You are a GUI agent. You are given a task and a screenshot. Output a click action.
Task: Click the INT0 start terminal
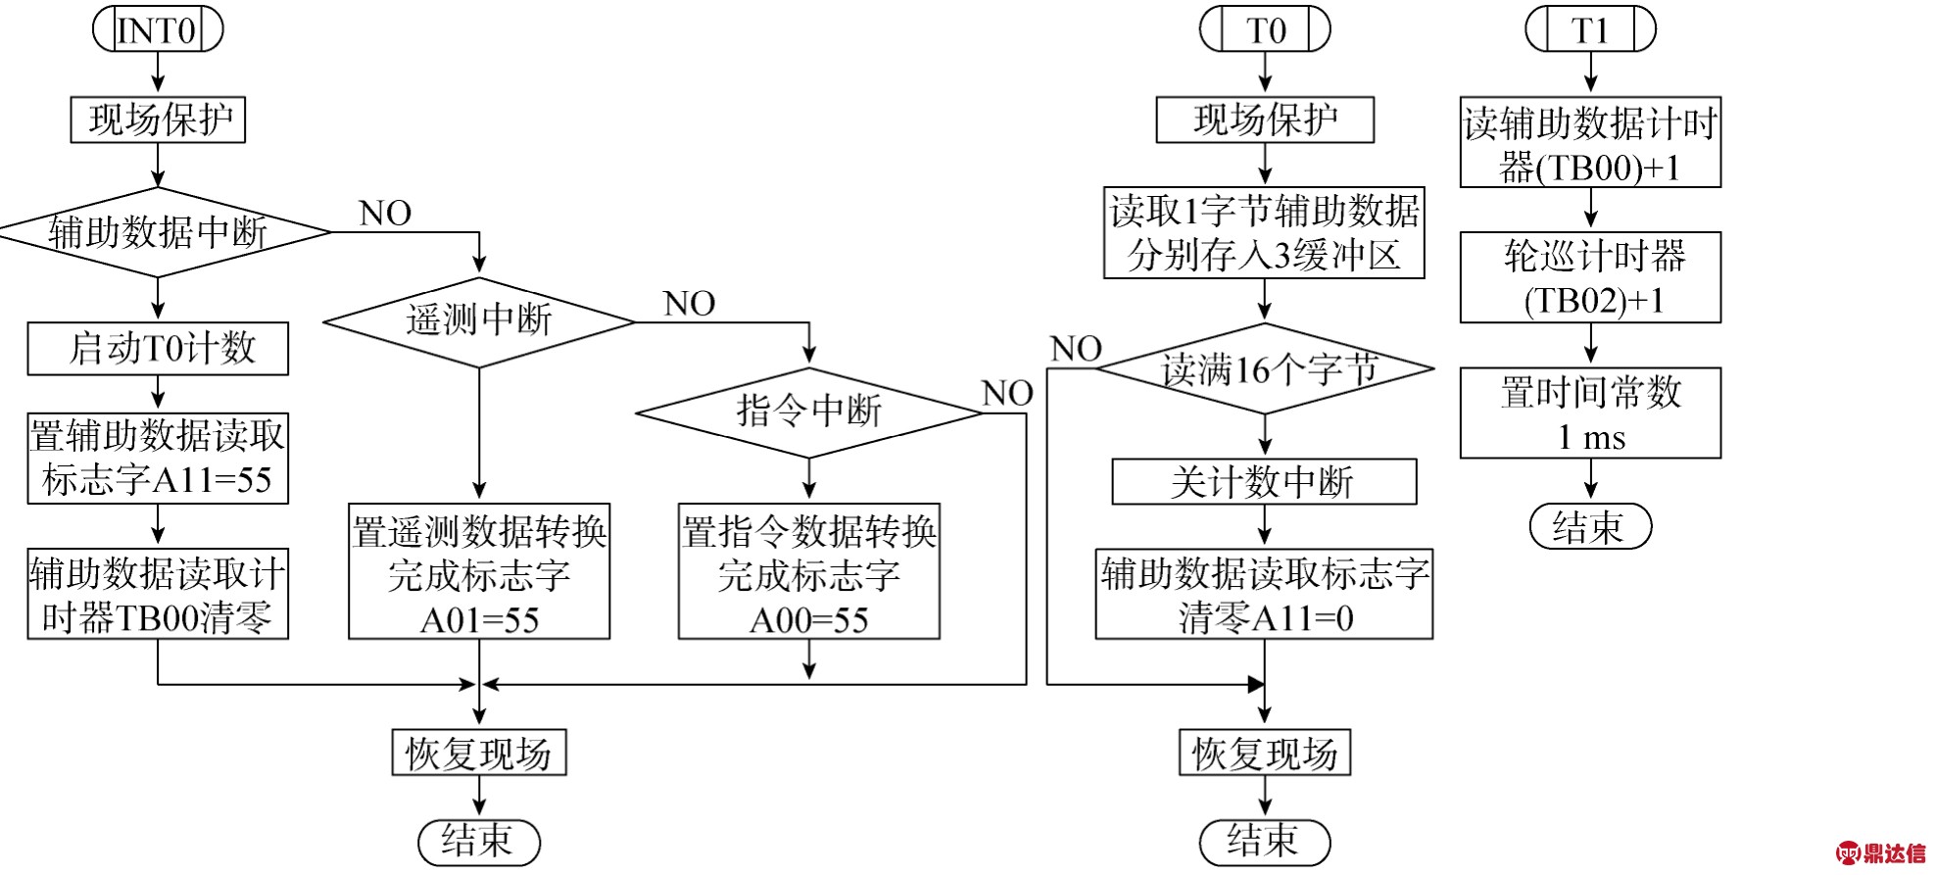pos(158,29)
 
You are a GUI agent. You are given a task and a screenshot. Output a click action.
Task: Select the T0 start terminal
pos(1265,29)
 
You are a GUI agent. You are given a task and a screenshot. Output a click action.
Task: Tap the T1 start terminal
pos(1590,29)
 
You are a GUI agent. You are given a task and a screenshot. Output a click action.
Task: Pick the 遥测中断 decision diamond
pos(479,321)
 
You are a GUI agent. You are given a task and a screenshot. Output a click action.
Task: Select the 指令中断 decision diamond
pos(809,413)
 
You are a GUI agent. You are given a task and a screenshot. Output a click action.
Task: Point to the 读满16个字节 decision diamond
pos(1265,368)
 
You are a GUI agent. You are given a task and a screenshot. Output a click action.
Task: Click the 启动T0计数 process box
pos(158,349)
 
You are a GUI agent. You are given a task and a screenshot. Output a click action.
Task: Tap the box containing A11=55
pos(158,459)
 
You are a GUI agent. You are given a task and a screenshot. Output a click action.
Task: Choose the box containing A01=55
pos(479,571)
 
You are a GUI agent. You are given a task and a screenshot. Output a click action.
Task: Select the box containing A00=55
pos(809,571)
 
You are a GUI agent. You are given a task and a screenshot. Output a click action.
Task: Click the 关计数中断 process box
pos(1264,481)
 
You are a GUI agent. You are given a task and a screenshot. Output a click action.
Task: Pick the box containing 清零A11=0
pos(1264,594)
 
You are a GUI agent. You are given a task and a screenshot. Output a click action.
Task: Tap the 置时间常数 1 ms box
pos(1590,413)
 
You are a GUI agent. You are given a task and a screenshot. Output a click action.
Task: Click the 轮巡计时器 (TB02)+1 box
pos(1590,277)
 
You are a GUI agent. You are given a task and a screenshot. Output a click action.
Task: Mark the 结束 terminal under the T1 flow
pos(1590,526)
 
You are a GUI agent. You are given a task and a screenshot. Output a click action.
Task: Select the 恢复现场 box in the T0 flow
pos(1265,753)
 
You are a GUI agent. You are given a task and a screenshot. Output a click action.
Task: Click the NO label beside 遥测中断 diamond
pos(689,304)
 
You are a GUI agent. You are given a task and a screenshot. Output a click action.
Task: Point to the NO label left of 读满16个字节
pos(1076,349)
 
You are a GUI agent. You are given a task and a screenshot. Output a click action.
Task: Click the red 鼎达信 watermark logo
pos(1880,852)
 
